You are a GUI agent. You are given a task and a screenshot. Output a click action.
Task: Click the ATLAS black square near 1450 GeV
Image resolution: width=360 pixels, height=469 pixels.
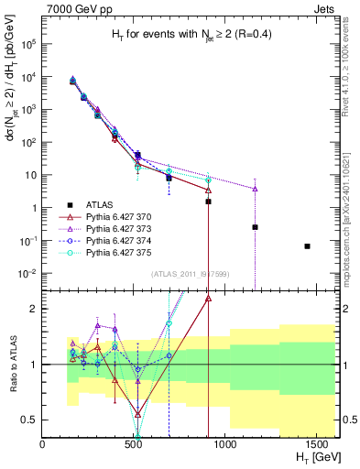(308, 245)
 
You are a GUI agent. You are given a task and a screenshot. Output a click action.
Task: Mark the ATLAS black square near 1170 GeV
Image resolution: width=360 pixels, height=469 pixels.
(255, 226)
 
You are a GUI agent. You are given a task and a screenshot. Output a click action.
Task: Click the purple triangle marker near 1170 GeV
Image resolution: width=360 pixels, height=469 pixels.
(255, 189)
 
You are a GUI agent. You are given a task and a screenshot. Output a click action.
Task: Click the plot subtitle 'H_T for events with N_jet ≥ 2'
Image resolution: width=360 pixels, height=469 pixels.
(189, 35)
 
